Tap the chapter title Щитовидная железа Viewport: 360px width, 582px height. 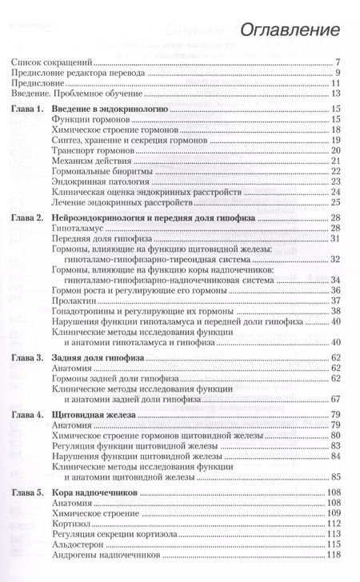pyautogui.click(x=117, y=436)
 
